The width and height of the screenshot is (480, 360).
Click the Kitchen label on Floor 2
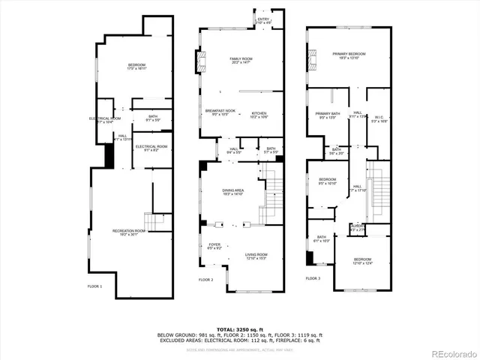[259, 115]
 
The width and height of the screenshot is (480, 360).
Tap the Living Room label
[257, 256]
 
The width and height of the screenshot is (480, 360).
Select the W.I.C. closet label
[379, 118]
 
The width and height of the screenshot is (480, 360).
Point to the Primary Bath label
[328, 115]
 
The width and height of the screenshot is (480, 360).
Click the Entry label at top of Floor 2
[263, 20]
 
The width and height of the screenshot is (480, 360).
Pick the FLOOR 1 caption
[95, 286]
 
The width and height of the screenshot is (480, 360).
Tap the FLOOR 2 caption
[206, 280]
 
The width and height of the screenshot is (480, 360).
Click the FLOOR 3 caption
[313, 278]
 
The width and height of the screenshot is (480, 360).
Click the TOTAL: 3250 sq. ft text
[239, 329]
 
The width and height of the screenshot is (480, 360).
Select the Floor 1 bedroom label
[136, 67]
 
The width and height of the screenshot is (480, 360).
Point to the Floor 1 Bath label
[152, 118]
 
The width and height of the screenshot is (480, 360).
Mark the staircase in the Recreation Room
[156, 223]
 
